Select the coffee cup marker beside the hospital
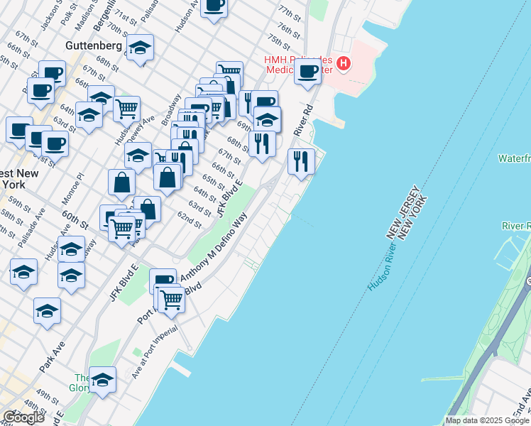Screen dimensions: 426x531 click(x=307, y=72)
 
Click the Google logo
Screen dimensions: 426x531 click(x=23, y=417)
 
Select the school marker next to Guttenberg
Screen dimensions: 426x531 click(x=141, y=48)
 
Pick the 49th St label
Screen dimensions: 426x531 click(x=48, y=395)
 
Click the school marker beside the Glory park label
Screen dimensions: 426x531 click(x=104, y=381)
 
